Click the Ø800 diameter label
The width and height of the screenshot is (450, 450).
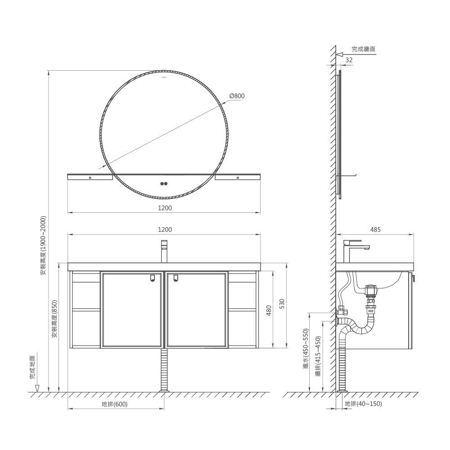(x=237, y=96)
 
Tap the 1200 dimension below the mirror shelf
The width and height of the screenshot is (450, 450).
(x=165, y=208)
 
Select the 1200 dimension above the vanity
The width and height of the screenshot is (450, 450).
(x=165, y=229)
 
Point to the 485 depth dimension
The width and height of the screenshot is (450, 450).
(x=375, y=229)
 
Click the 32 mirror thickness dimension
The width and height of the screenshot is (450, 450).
(x=349, y=60)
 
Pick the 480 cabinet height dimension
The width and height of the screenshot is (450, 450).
(x=269, y=310)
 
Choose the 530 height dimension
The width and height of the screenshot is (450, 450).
(x=282, y=304)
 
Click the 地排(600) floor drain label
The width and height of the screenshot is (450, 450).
(x=114, y=404)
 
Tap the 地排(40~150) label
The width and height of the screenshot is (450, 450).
(x=363, y=404)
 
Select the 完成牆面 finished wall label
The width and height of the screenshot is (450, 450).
(x=364, y=49)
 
